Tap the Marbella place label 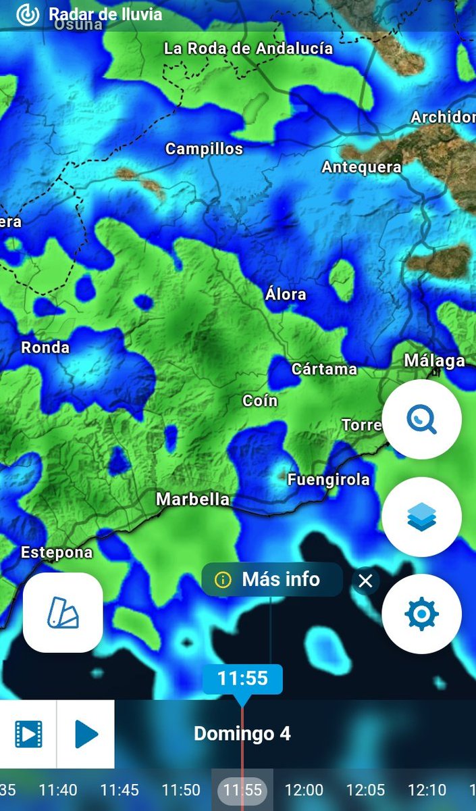[192, 499]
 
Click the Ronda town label [45, 347]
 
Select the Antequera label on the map [361, 167]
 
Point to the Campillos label [204, 149]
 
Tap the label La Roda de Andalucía [248, 49]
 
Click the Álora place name [286, 294]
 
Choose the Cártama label [324, 369]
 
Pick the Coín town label [260, 401]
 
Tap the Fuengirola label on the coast [329, 480]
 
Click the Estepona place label [57, 552]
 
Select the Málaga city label [434, 361]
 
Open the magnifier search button [421, 420]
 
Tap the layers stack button [421, 517]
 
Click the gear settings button [421, 614]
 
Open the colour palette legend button [63, 613]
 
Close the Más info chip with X [365, 581]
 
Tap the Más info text [281, 579]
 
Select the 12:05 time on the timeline [365, 789]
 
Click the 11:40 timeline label [58, 789]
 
